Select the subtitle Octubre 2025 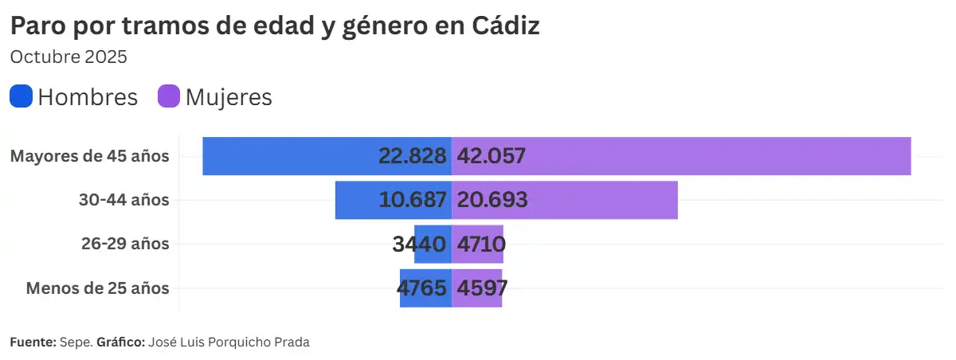[x=69, y=57]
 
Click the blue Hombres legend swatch [x=22, y=96]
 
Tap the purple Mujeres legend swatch [x=169, y=96]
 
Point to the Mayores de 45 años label [x=89, y=156]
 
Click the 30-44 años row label [x=123, y=200]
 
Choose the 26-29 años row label [x=124, y=244]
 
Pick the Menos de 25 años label [x=97, y=288]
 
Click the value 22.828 [x=412, y=156]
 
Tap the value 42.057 [x=491, y=156]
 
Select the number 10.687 [x=412, y=200]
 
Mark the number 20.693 [x=492, y=200]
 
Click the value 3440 [x=419, y=244]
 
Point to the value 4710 [x=480, y=244]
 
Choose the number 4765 [x=421, y=288]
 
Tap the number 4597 [x=481, y=288]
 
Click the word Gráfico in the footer [x=119, y=342]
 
